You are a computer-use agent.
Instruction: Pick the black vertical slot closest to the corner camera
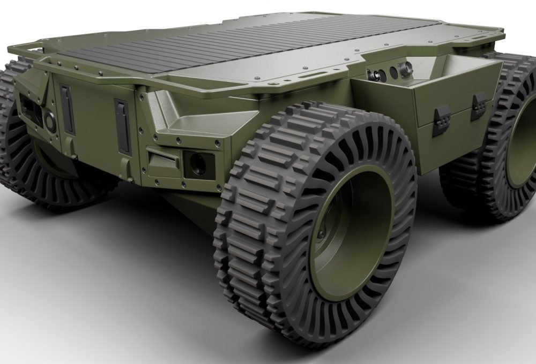click(123, 127)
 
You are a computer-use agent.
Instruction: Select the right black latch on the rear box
click(478, 105)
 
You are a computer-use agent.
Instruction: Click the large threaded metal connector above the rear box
click(406, 69)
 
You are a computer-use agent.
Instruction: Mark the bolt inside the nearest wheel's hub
click(321, 234)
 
